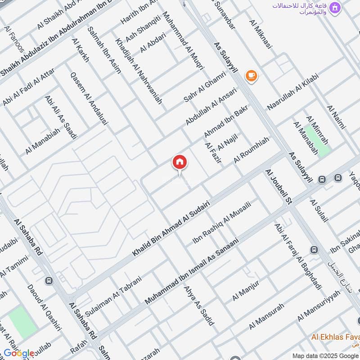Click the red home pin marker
180,162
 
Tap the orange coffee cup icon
252,76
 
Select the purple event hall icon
334,8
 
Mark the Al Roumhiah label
251,151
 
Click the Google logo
19,353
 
